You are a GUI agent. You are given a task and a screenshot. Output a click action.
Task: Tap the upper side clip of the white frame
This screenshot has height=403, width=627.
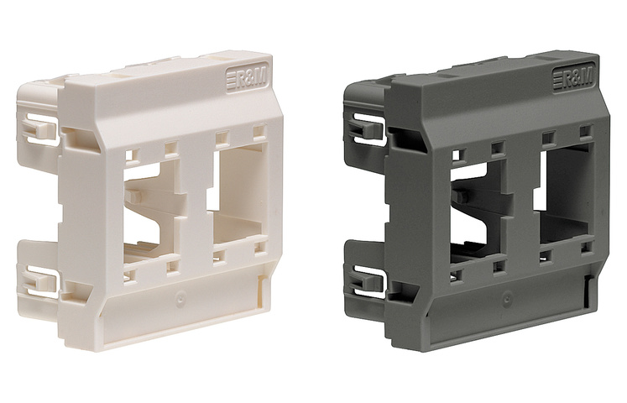pyautogui.click(x=39, y=126)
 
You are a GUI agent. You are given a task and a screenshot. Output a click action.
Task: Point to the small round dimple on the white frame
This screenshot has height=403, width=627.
pyautogui.click(x=178, y=298)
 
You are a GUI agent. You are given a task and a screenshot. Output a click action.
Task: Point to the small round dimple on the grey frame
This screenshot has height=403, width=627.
pyautogui.click(x=506, y=298)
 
